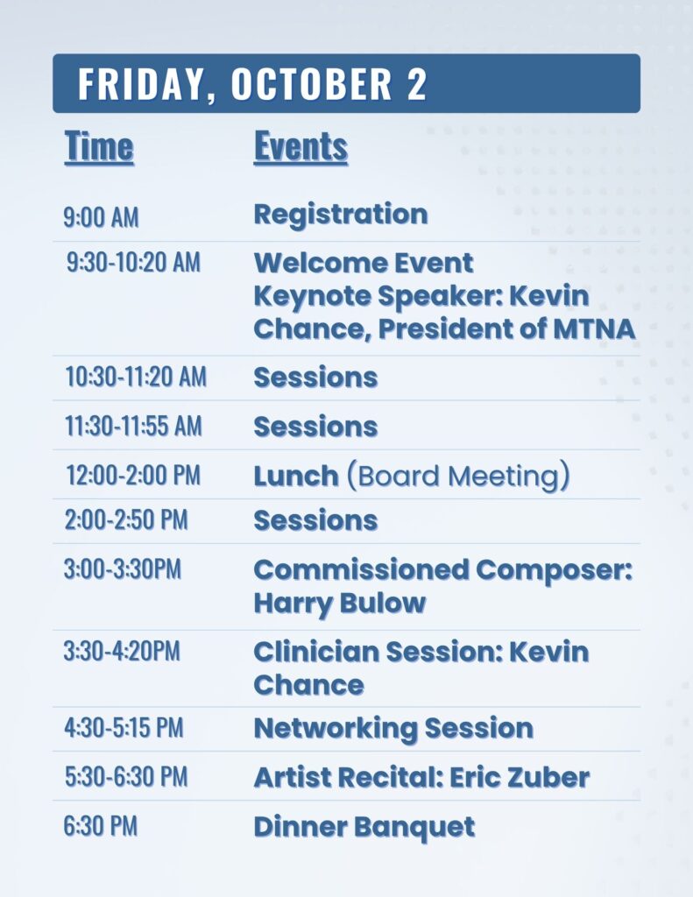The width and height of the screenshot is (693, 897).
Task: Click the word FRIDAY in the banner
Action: (x=141, y=84)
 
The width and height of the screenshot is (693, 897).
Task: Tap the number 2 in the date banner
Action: (x=417, y=84)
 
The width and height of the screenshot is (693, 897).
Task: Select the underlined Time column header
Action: (x=99, y=147)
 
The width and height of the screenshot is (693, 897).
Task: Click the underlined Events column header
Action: (x=301, y=147)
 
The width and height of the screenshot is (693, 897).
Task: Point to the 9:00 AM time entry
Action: (x=102, y=217)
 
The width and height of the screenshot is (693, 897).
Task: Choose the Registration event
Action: (x=341, y=215)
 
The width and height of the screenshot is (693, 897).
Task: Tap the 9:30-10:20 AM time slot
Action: (x=133, y=263)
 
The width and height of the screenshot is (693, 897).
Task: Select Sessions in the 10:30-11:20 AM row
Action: (x=315, y=378)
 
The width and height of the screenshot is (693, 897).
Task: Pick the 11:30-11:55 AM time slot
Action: (x=133, y=427)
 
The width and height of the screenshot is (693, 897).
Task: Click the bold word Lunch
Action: (x=296, y=476)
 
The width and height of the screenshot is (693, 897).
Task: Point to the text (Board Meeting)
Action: (x=458, y=476)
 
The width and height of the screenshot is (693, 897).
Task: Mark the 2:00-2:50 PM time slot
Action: (x=126, y=520)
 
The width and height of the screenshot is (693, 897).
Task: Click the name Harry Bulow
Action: (x=340, y=604)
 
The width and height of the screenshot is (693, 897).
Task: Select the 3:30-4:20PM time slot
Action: (x=122, y=651)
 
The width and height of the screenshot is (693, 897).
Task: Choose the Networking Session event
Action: (x=393, y=728)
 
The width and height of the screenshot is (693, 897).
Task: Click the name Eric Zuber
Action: (x=520, y=778)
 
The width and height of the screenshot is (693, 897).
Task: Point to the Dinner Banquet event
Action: (x=364, y=827)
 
